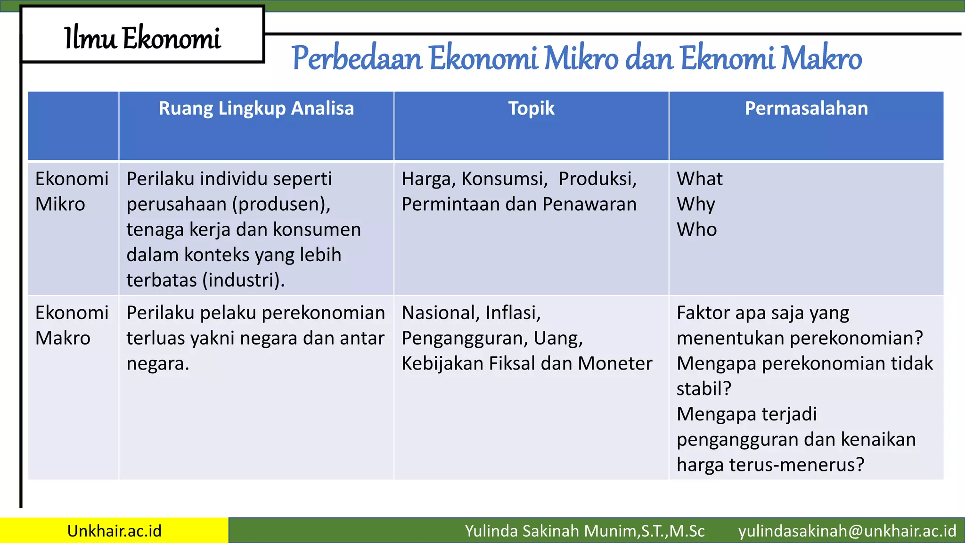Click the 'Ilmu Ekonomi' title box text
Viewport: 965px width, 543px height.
point(142,38)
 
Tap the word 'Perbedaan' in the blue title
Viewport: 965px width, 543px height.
point(357,59)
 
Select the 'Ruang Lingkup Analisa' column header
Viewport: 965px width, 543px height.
point(256,108)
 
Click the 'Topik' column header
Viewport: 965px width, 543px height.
point(531,108)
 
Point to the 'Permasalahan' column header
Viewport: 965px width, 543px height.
point(806,108)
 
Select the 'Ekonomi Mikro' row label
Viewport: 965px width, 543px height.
point(72,191)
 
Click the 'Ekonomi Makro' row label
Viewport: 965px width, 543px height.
point(72,325)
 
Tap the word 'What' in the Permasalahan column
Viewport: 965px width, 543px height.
point(699,179)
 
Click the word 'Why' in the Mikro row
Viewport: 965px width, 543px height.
point(695,205)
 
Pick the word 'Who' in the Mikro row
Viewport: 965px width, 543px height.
point(696,230)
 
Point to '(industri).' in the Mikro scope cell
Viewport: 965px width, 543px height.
point(243,280)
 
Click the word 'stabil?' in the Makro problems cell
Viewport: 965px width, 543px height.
point(703,389)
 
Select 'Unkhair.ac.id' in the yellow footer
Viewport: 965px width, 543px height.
point(114,531)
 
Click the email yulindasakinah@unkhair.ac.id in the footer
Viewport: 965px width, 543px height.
point(847,531)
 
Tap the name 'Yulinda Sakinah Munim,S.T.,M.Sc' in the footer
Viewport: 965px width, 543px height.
point(584,531)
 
